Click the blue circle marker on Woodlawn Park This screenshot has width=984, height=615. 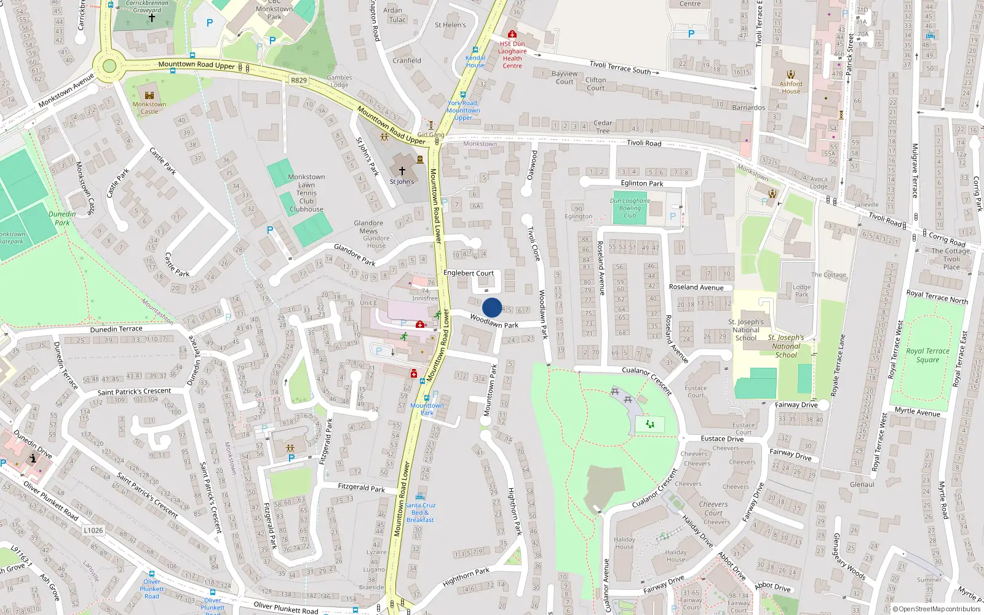click(x=492, y=307)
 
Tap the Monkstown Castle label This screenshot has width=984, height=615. click(x=149, y=108)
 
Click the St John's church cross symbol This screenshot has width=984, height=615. click(x=402, y=171)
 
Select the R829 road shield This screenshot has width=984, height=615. click(x=298, y=81)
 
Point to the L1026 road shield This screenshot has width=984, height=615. click(x=93, y=530)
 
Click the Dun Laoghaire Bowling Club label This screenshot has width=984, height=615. click(x=630, y=208)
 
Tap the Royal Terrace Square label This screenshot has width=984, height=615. click(x=927, y=355)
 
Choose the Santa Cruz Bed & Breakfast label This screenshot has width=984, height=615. click(x=420, y=512)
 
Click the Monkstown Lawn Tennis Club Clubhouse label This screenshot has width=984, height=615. click(x=306, y=193)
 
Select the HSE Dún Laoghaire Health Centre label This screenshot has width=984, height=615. click(x=512, y=55)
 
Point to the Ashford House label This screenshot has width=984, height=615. click(x=791, y=87)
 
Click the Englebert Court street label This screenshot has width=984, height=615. click(x=469, y=273)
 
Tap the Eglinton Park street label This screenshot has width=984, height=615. click(x=642, y=183)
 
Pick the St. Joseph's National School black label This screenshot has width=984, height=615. click(x=746, y=330)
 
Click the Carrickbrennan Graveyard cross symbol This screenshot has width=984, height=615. click(x=152, y=18)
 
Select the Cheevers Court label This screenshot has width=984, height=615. click(x=713, y=508)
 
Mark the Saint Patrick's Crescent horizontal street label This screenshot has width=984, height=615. click(x=134, y=392)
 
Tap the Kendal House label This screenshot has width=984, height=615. click(x=475, y=61)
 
